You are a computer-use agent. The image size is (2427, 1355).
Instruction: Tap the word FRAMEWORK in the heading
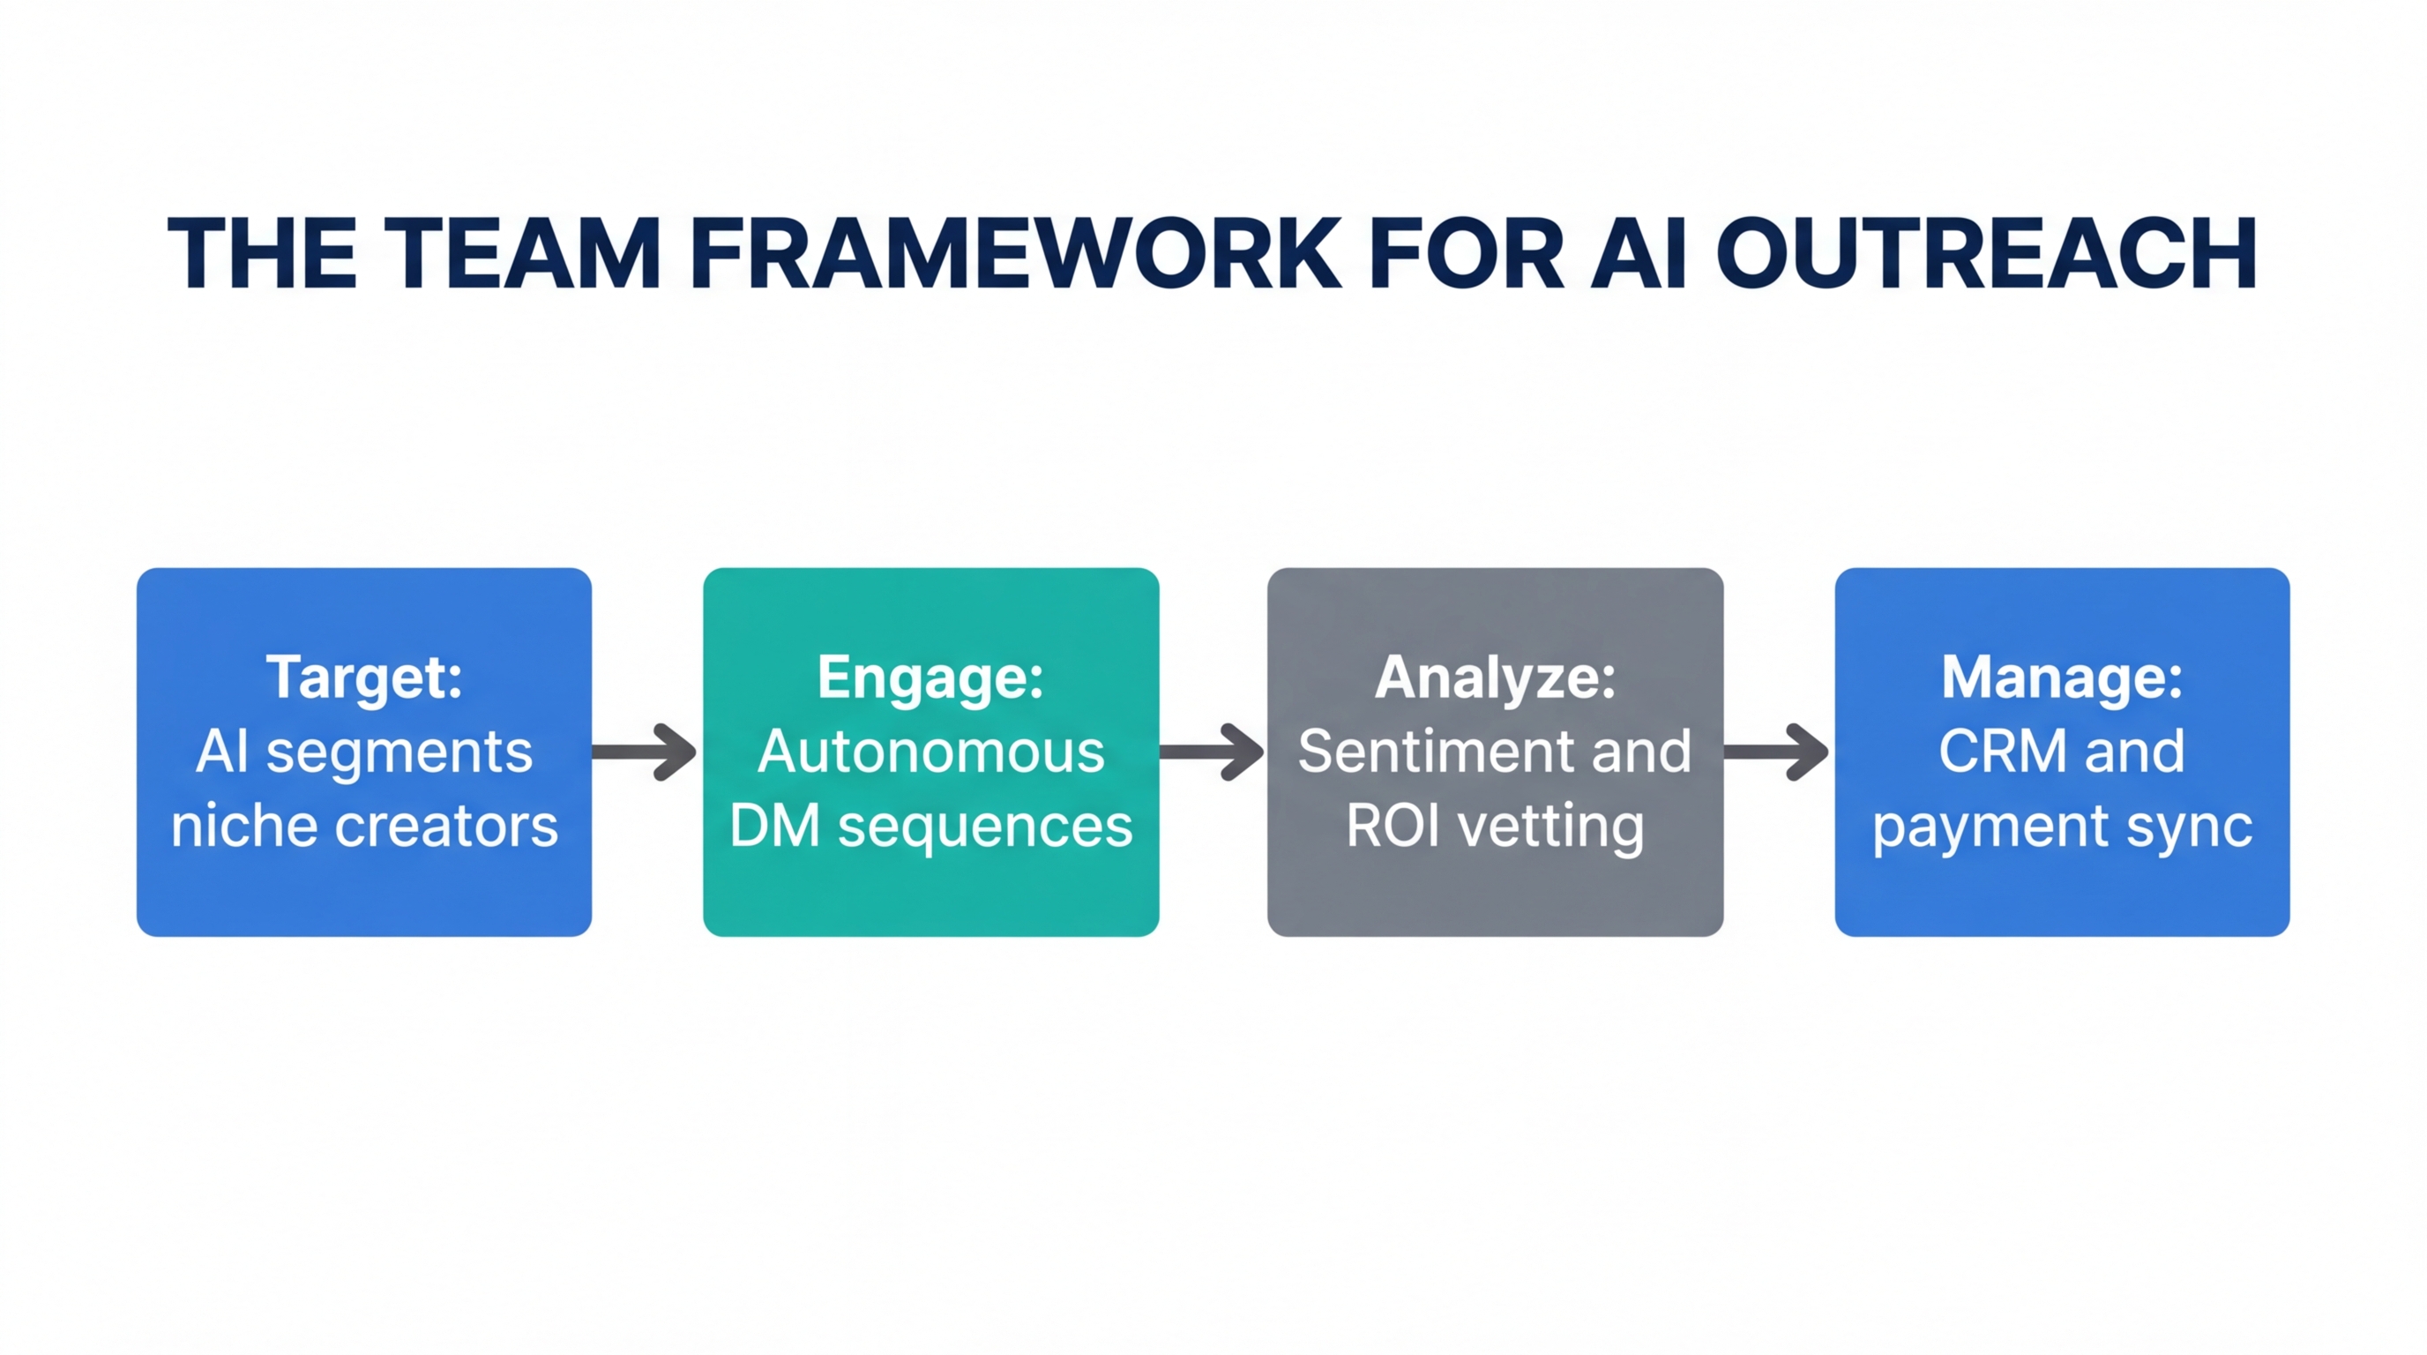coord(1016,253)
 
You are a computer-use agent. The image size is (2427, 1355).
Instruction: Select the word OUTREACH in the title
coord(1986,253)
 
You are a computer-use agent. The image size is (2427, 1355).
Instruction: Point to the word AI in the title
coord(1638,253)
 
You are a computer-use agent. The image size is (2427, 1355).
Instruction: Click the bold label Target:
coord(364,677)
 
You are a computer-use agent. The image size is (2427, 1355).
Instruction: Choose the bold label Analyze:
coord(1495,677)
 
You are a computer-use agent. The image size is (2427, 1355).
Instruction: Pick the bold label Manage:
coord(2061,677)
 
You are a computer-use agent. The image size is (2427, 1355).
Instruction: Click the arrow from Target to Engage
coord(646,752)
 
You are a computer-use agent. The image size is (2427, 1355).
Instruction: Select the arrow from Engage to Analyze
coord(1213,752)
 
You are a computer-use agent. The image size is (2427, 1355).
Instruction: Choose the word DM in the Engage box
coord(774,827)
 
